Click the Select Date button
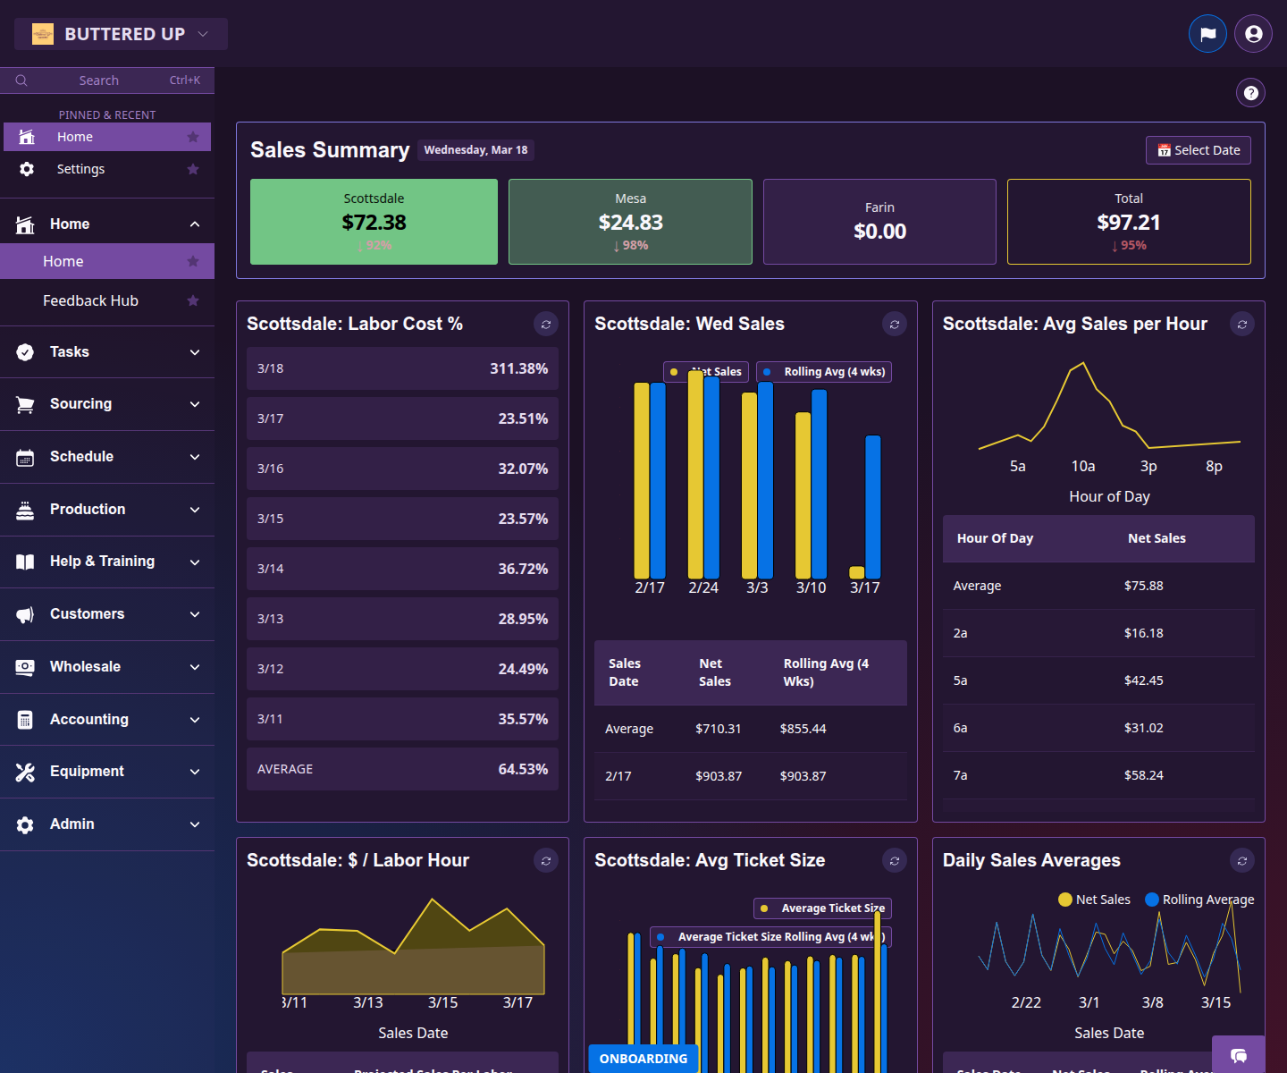(x=1198, y=150)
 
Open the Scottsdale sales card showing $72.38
(x=374, y=222)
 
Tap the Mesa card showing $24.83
(x=630, y=222)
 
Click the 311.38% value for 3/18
(x=518, y=368)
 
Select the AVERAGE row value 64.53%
(x=523, y=769)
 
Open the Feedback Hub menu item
(x=90, y=300)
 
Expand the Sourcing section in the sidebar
(x=107, y=404)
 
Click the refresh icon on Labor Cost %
(x=546, y=324)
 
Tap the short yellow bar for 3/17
(x=856, y=572)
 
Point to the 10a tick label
(x=1083, y=466)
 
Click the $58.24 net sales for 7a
(x=1143, y=775)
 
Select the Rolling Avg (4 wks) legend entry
(x=824, y=372)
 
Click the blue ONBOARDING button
(x=643, y=1059)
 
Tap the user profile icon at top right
(x=1253, y=34)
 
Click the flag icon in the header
(x=1207, y=34)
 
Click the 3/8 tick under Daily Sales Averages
(x=1152, y=1002)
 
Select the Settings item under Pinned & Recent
(x=80, y=169)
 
